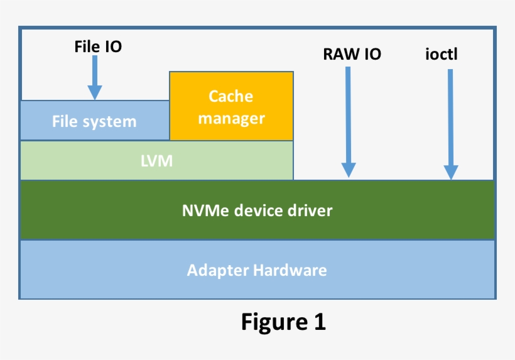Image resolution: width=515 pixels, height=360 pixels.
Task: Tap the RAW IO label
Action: (x=352, y=55)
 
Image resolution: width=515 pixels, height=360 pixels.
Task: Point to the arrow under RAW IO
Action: (x=349, y=119)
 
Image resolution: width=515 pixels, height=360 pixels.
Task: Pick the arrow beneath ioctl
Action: (x=450, y=123)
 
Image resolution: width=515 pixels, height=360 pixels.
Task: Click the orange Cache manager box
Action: (x=231, y=106)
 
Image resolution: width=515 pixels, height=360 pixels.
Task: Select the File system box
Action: (x=94, y=121)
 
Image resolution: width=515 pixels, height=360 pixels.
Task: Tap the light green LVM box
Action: (x=156, y=161)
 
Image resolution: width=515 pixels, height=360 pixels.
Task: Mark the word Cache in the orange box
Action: (x=231, y=96)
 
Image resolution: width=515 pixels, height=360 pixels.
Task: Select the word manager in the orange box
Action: (x=231, y=118)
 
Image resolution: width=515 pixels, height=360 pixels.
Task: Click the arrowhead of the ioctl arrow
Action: (x=450, y=172)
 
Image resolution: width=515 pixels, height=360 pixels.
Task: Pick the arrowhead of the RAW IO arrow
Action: (x=349, y=170)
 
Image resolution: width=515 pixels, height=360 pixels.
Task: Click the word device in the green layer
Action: (x=257, y=210)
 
